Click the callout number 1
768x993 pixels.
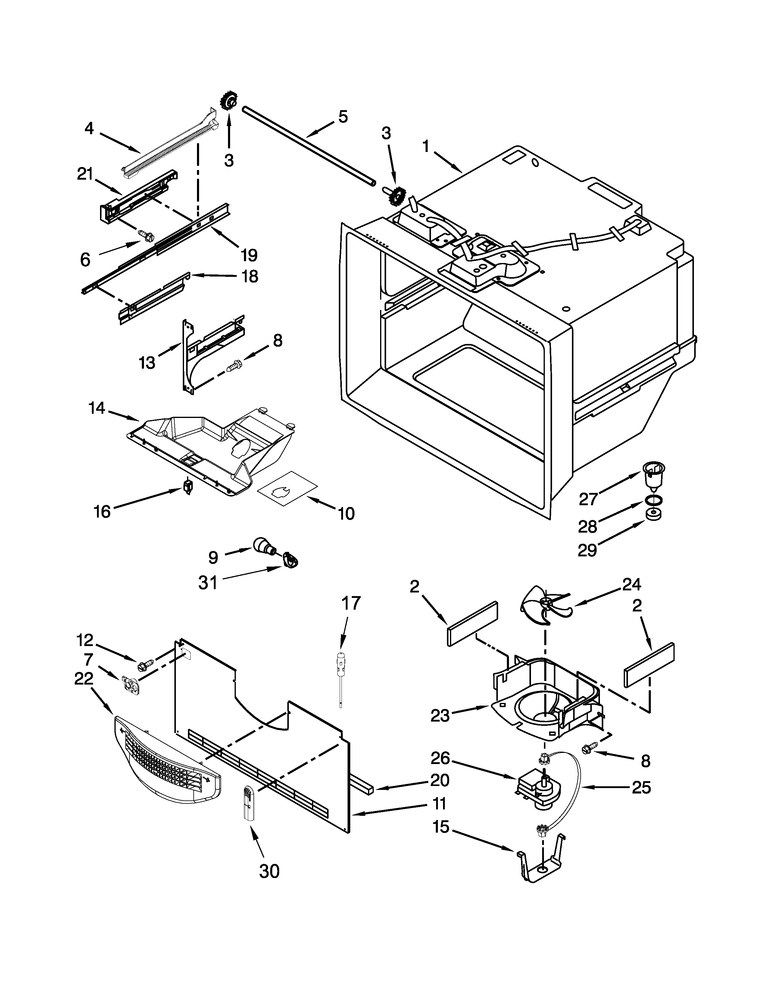coord(426,147)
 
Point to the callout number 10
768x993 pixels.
coord(346,514)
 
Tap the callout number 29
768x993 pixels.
coord(587,551)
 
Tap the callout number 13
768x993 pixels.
coord(147,362)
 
